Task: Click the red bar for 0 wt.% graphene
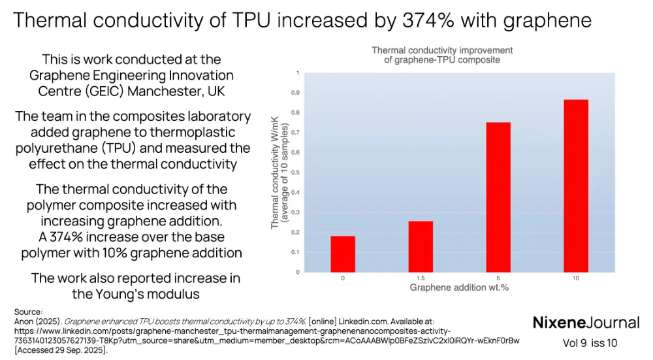(343, 254)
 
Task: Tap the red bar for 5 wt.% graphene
(498, 197)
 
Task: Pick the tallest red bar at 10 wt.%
(575, 186)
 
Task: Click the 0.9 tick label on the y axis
(297, 93)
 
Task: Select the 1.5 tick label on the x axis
(421, 278)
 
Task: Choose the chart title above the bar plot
(441, 55)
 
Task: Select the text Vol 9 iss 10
(590, 343)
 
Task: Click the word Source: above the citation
(28, 312)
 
